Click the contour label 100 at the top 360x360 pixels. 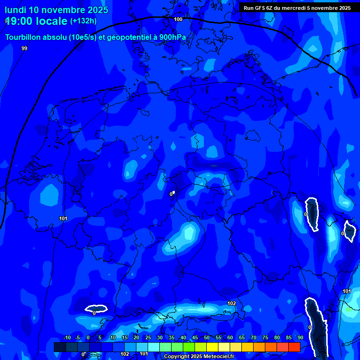tap(178, 19)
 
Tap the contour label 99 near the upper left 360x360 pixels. tap(24, 48)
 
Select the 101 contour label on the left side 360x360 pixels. tap(64, 218)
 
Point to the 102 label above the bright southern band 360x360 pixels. tap(232, 303)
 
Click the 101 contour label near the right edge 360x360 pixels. tap(347, 291)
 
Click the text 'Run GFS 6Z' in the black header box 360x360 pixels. tap(258, 8)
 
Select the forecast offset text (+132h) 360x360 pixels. tap(83, 21)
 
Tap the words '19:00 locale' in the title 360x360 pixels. tap(36, 21)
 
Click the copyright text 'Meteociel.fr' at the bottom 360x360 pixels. tap(216, 357)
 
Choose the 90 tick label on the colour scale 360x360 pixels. tap(300, 337)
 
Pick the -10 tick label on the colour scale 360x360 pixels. tap(67, 337)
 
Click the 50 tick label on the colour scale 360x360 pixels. tap(207, 337)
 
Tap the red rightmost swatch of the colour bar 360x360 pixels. tap(294, 347)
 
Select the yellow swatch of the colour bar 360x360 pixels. tap(212, 347)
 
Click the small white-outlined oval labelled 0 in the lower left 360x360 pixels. tap(96, 308)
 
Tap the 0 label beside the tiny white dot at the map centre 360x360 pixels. tap(171, 194)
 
